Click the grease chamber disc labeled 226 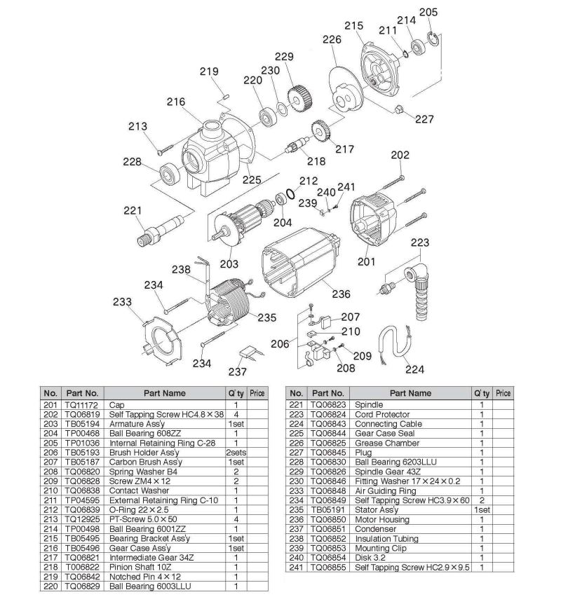339,88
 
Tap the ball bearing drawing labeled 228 170,172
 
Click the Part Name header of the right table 410,393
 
